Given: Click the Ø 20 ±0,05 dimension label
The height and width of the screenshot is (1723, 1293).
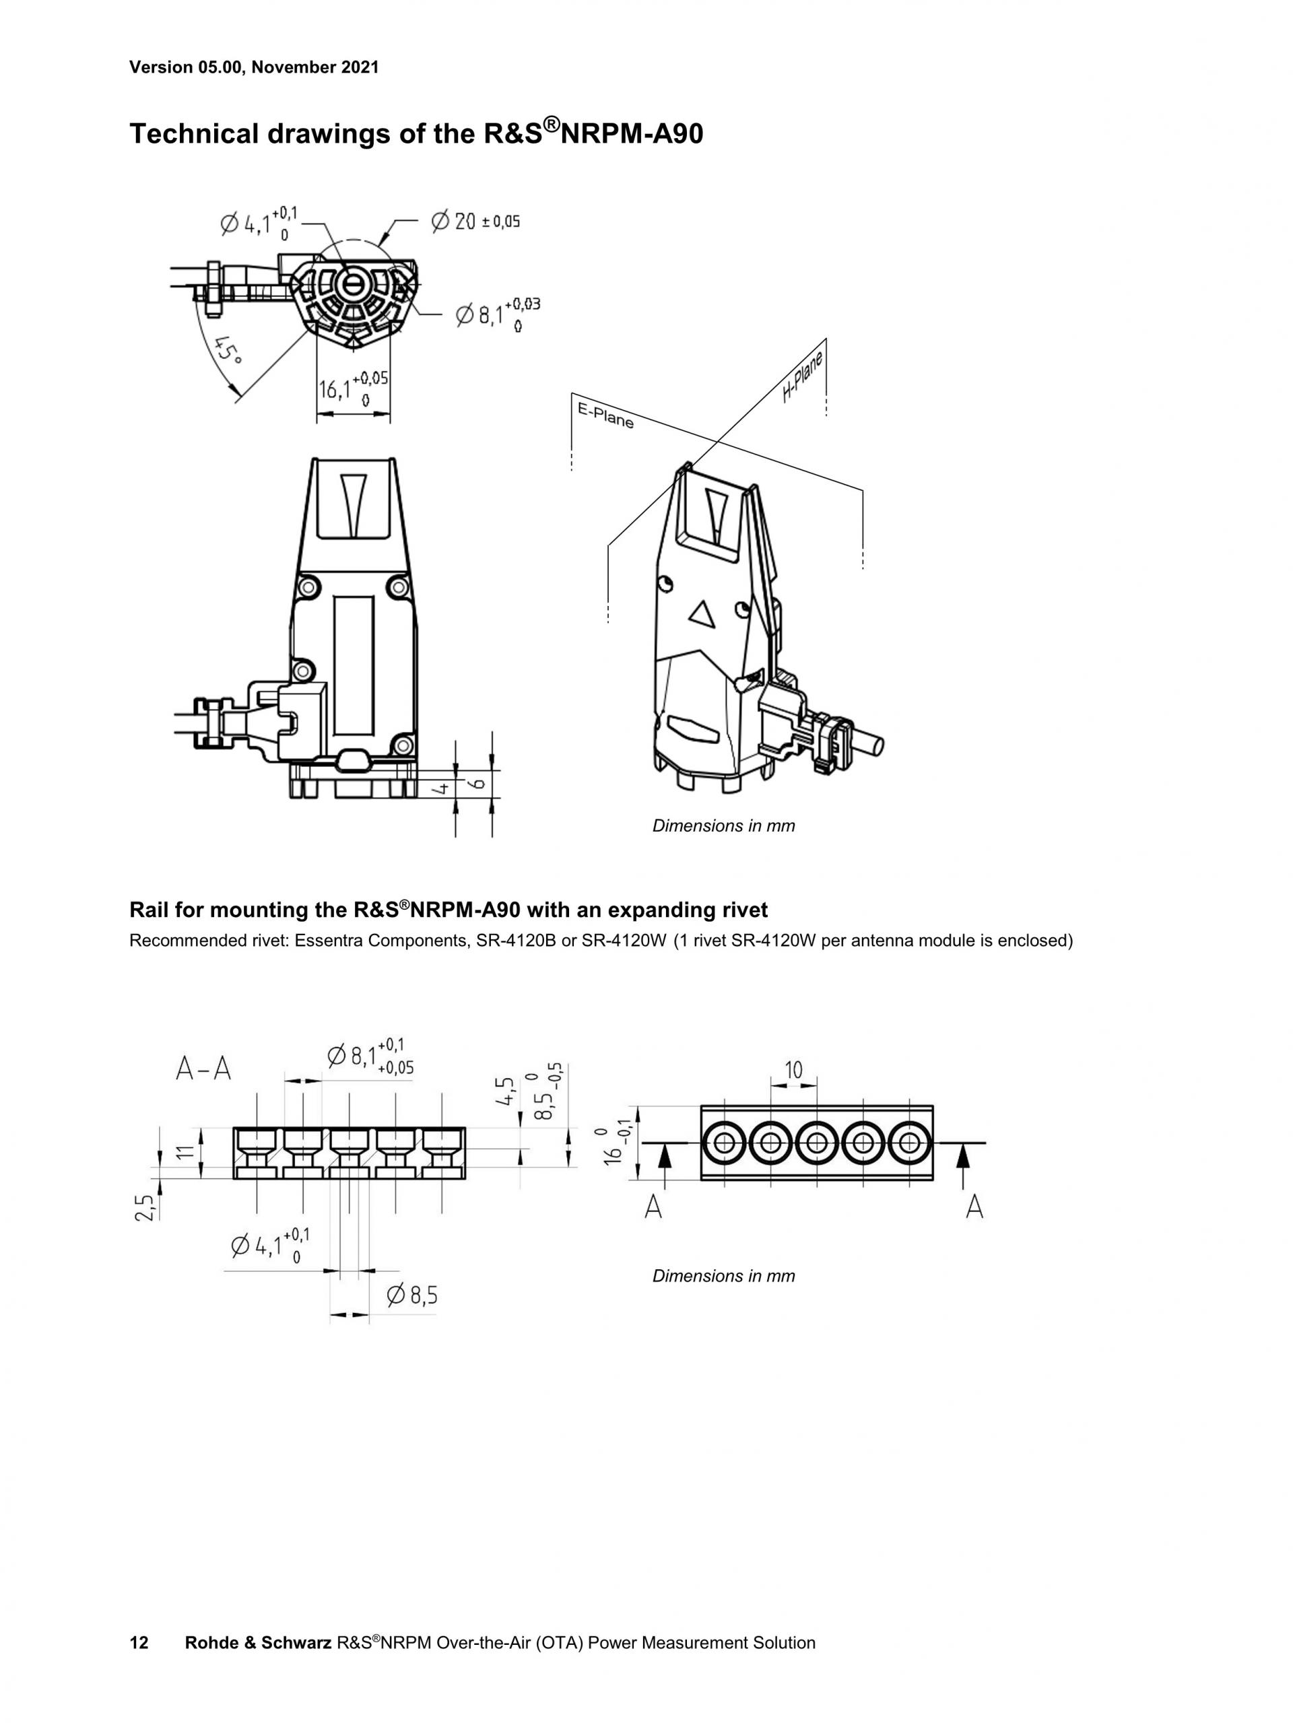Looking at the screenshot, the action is coord(475,222).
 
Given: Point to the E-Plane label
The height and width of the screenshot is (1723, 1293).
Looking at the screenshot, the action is coord(605,415).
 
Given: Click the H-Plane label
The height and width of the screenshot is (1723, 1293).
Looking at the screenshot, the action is coord(802,376).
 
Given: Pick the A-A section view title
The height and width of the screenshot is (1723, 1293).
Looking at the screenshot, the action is coord(203,1069).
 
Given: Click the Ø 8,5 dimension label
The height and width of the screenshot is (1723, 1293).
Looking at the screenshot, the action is coord(412,1295).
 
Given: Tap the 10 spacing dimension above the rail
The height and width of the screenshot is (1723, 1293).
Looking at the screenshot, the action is coord(793,1071).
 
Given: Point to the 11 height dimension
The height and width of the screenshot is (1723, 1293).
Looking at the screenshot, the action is coord(185,1153).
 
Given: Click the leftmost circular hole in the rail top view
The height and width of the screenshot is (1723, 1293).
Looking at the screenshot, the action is coord(724,1143).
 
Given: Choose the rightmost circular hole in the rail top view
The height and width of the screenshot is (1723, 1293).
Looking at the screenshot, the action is coord(908,1143).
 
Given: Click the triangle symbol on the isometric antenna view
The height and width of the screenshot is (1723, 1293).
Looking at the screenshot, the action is coord(702,615).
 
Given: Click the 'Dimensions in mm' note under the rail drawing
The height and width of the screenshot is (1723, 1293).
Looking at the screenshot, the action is coord(724,1276).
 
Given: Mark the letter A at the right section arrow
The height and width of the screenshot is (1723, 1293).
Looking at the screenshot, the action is coord(974,1207).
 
